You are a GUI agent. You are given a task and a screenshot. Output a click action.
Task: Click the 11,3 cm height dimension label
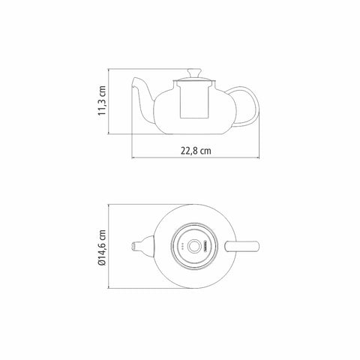102,100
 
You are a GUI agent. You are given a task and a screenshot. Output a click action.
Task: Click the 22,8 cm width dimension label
196,151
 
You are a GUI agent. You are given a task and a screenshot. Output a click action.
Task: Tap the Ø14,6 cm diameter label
102,247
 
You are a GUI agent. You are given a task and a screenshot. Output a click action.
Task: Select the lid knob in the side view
195,73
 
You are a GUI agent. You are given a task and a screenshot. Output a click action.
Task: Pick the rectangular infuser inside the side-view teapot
194,100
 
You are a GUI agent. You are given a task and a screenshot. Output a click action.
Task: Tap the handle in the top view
242,246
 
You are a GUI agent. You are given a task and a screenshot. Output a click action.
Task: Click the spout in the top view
143,246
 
